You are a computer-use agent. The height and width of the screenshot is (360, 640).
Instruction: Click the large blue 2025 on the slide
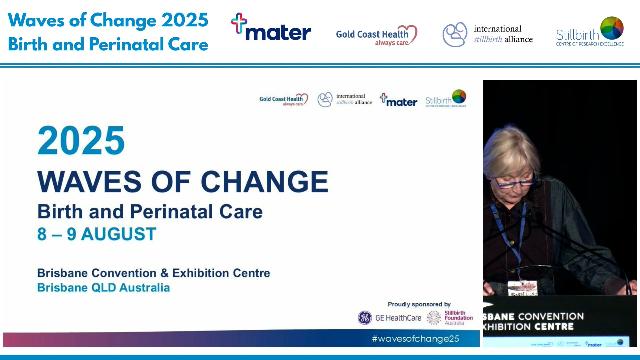click(81, 141)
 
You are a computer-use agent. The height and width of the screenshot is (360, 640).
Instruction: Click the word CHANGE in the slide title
click(264, 182)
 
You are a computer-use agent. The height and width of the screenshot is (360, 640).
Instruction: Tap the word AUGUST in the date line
click(119, 234)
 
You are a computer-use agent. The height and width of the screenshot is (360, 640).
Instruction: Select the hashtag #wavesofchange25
click(415, 339)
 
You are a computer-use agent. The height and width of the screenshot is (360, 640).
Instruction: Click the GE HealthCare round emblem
click(365, 318)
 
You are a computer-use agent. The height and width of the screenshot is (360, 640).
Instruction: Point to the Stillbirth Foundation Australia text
click(458, 318)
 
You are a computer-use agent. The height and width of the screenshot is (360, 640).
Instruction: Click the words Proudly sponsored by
click(419, 304)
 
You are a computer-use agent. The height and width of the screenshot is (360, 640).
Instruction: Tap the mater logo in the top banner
click(271, 28)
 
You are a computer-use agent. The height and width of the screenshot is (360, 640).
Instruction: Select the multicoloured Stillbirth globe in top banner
click(612, 28)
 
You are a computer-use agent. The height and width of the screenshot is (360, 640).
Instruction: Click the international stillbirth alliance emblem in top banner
click(455, 34)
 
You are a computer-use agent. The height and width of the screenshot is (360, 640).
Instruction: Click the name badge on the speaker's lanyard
click(522, 288)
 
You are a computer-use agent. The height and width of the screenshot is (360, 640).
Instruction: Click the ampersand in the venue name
click(164, 273)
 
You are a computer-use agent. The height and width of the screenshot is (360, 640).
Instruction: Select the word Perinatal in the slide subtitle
click(171, 212)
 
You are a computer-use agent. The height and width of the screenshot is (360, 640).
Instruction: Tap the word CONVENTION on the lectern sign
click(551, 316)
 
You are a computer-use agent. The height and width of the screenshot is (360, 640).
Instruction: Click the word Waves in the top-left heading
click(36, 20)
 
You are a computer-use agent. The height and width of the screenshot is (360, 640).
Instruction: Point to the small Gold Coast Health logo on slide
click(283, 100)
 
